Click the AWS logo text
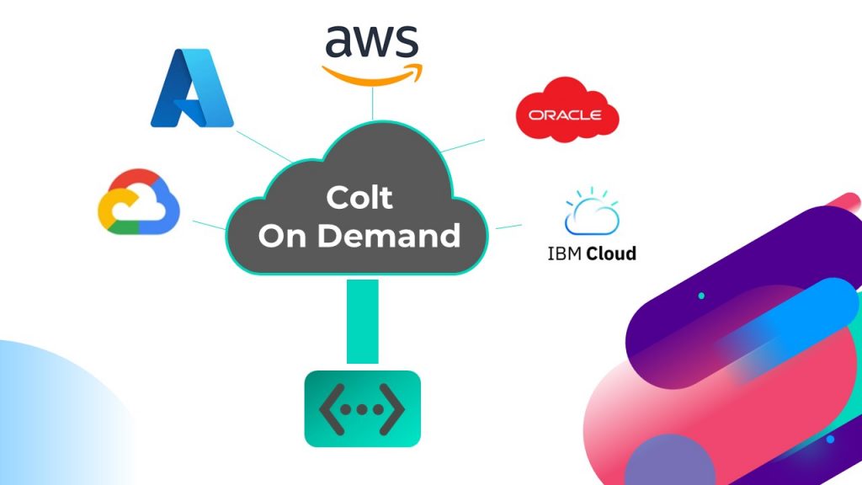point(371,42)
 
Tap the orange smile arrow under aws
point(371,74)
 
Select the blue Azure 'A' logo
point(191,88)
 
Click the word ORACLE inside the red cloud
point(566,115)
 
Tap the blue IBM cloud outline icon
point(592,212)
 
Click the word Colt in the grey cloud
point(360,199)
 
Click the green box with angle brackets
point(362,408)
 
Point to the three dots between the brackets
point(362,409)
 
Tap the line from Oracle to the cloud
point(463,144)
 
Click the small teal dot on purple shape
point(701,296)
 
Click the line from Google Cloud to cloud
point(209,224)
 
